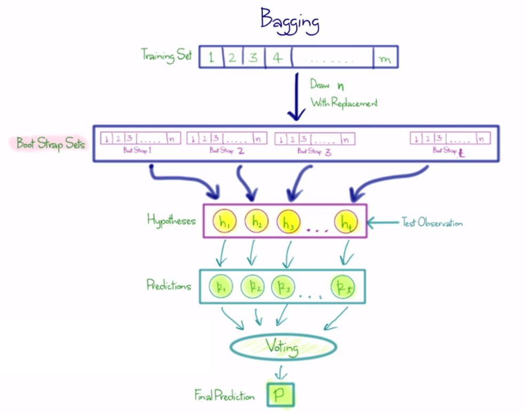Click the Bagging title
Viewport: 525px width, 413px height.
point(289,20)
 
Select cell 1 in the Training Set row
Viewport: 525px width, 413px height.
point(211,57)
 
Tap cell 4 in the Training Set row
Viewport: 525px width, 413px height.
point(277,57)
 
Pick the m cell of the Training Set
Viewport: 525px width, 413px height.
point(385,58)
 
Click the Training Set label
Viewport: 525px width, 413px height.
point(166,55)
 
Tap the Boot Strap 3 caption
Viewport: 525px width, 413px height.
point(315,151)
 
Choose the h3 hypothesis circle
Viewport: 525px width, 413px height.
point(288,220)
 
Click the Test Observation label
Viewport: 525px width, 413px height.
point(432,223)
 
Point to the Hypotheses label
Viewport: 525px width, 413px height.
point(171,220)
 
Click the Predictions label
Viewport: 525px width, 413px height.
point(169,286)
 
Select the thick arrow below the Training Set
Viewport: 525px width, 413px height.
point(294,96)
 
